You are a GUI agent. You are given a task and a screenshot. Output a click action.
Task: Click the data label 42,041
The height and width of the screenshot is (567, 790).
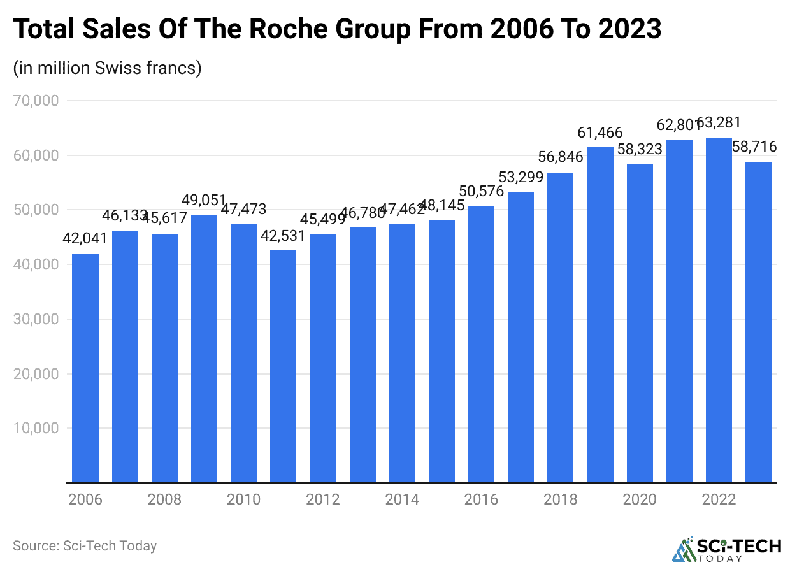pyautogui.click(x=85, y=240)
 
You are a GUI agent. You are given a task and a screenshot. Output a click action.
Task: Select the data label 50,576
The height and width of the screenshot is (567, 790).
pyautogui.click(x=481, y=192)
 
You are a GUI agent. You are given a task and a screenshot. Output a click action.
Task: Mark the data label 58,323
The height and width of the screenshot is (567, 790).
pyautogui.click(x=640, y=150)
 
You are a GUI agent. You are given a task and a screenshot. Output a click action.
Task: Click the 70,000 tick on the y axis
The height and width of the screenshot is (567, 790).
pyautogui.click(x=36, y=101)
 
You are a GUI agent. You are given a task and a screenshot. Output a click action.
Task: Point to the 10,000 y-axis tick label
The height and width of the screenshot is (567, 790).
pyautogui.click(x=36, y=428)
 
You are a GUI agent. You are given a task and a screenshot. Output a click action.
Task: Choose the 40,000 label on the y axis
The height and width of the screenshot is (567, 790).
pyautogui.click(x=36, y=264)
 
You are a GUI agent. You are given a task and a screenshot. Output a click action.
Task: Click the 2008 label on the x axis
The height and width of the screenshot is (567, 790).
pyautogui.click(x=164, y=499)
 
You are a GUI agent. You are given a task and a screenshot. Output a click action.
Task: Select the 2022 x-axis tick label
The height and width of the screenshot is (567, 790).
pyautogui.click(x=719, y=499)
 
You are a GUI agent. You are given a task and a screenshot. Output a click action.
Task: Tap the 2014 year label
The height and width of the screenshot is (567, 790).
pyautogui.click(x=402, y=499)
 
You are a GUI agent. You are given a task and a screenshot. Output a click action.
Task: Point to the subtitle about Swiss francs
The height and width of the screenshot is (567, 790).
pyautogui.click(x=107, y=68)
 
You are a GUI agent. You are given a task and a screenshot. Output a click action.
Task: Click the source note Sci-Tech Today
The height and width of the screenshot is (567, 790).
pyautogui.click(x=85, y=546)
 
